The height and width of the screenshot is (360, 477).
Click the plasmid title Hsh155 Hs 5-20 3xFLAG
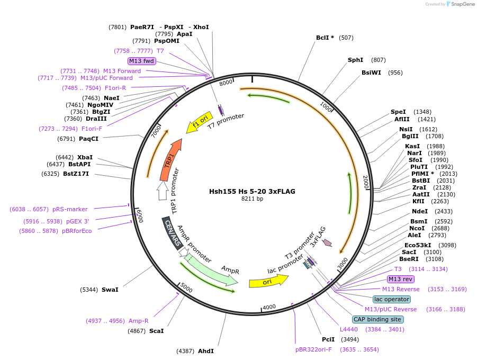click(252, 191)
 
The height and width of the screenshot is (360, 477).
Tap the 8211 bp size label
click(252, 199)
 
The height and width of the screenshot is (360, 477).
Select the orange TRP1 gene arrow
click(171, 159)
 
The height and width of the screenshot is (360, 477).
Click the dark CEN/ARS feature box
click(173, 232)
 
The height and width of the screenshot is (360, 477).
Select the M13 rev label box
click(401, 279)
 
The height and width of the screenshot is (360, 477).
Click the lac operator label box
click(391, 299)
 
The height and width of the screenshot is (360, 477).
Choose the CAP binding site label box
click(378, 319)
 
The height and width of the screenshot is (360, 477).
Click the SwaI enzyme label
click(110, 290)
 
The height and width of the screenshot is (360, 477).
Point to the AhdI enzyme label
click(205, 350)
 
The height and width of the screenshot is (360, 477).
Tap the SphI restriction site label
click(355, 60)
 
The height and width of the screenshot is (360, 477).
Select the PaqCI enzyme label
click(88, 139)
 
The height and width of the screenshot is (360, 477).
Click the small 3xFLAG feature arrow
click(328, 242)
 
